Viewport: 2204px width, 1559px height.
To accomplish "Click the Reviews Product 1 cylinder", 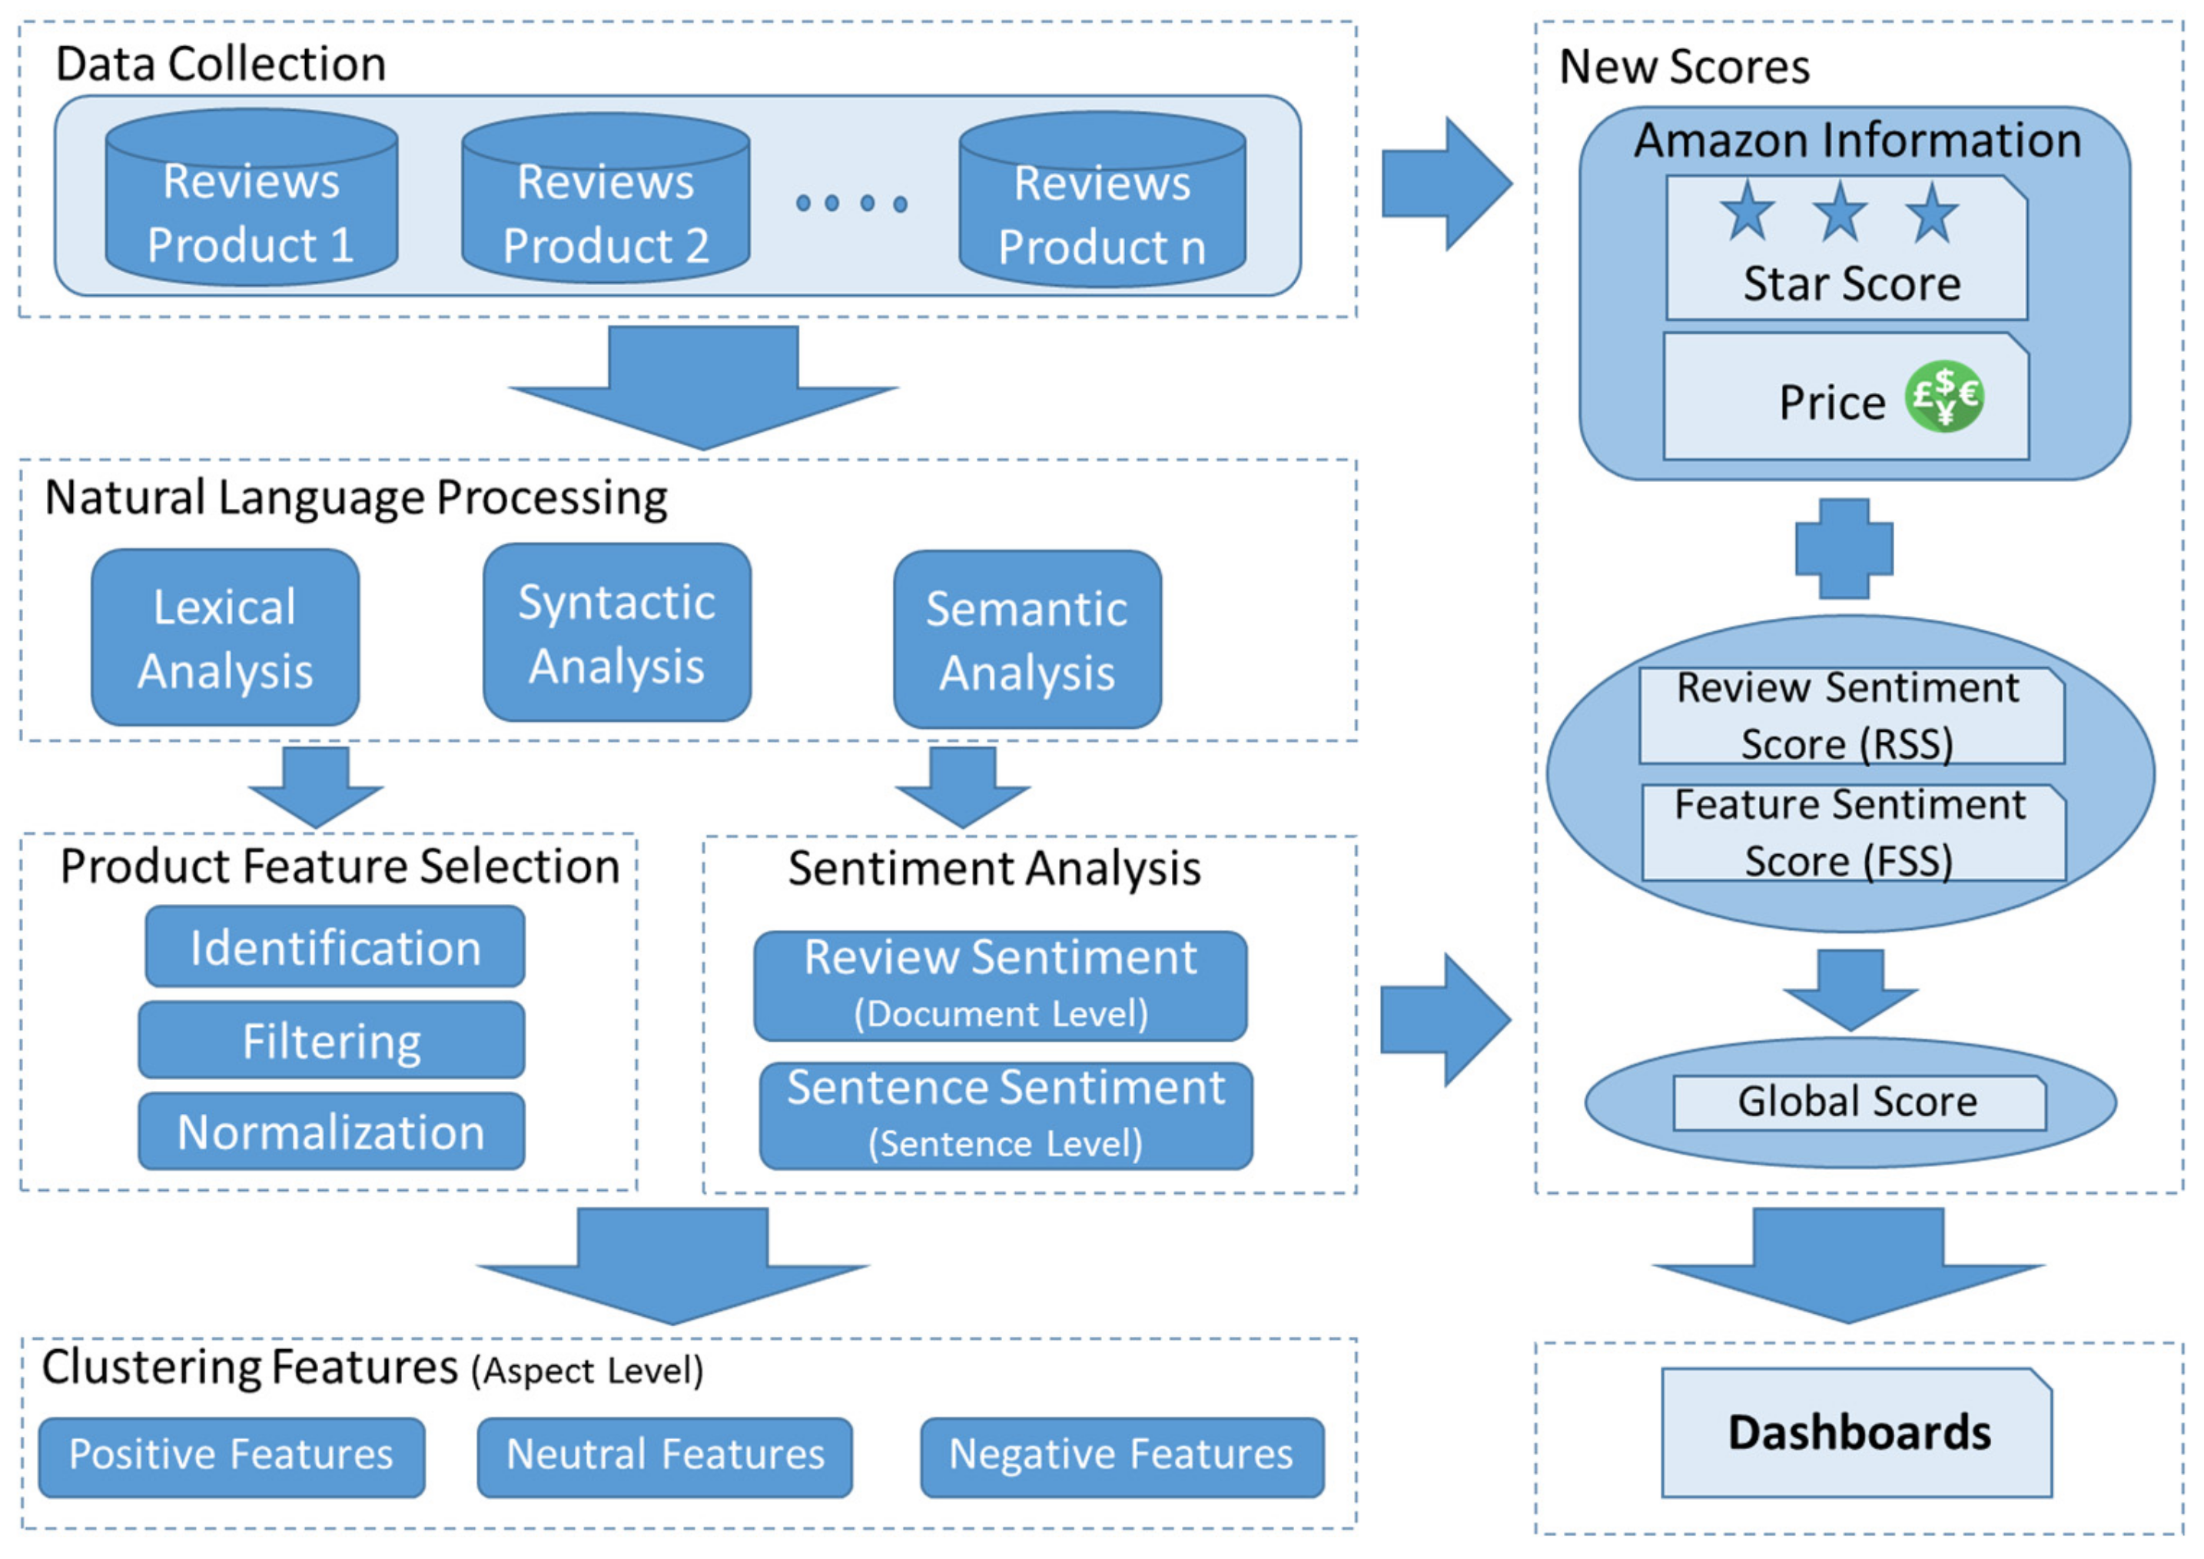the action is pyautogui.click(x=251, y=198).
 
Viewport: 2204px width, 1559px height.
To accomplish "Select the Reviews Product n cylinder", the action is pyautogui.click(x=1103, y=200).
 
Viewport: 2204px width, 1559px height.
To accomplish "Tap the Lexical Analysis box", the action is pyautogui.click(x=226, y=637).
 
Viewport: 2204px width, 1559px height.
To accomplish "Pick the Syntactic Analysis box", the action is pyautogui.click(x=617, y=633).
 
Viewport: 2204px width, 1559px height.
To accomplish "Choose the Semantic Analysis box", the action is pyautogui.click(x=1027, y=640).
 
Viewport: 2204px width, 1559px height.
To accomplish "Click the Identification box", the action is pyautogui.click(x=335, y=946).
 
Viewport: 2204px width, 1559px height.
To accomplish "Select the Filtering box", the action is pyautogui.click(x=331, y=1039).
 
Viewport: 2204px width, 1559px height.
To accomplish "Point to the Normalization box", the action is pyautogui.click(x=331, y=1131).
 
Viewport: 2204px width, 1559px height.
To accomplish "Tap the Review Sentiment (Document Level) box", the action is pyautogui.click(x=1001, y=986).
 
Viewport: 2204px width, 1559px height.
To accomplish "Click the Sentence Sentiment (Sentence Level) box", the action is pyautogui.click(x=1006, y=1115).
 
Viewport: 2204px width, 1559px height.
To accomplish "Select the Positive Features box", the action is pyautogui.click(x=231, y=1458).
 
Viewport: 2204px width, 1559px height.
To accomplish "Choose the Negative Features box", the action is pyautogui.click(x=1122, y=1458).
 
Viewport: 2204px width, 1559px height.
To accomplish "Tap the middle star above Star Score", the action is pyautogui.click(x=1839, y=211).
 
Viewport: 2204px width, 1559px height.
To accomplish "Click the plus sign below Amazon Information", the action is pyautogui.click(x=1844, y=548).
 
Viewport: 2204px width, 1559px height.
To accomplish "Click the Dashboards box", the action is pyautogui.click(x=1857, y=1432).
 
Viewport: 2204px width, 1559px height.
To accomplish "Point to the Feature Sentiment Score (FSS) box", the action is pyautogui.click(x=1854, y=833).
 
